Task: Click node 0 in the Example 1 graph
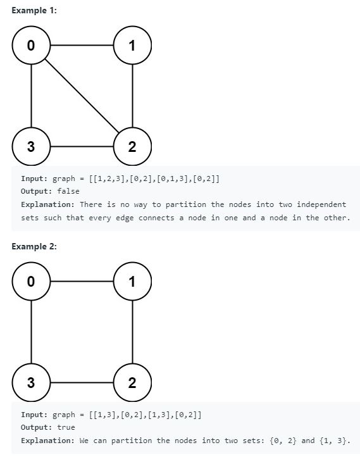[31, 45]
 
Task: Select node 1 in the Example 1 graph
[132, 45]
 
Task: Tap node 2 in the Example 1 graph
[132, 146]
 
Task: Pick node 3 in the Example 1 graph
[31, 146]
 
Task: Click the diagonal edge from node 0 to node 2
[82, 96]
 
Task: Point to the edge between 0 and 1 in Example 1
[82, 45]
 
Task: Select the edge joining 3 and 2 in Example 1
[82, 146]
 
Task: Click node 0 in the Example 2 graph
[31, 281]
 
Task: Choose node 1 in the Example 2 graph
[132, 281]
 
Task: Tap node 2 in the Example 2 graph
[132, 382]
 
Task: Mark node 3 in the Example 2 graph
[31, 382]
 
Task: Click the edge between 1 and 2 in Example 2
[132, 332]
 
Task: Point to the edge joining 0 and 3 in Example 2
[31, 332]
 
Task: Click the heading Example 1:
[34, 11]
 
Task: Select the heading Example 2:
[34, 247]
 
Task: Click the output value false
[68, 191]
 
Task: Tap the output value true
[66, 427]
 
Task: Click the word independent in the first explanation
[321, 204]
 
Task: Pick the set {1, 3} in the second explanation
[333, 441]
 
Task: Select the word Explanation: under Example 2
[47, 441]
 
